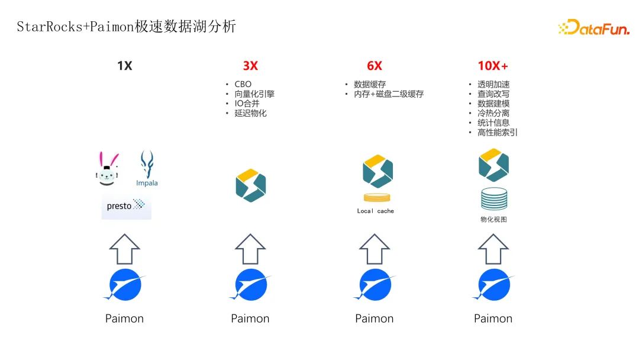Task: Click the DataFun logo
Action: point(593,27)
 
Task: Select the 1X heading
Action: point(125,66)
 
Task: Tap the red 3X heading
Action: point(250,66)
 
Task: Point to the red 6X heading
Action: point(375,66)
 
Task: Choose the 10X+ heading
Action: point(493,66)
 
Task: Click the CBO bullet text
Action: point(243,84)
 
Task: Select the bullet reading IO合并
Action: point(247,103)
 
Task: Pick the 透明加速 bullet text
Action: point(493,84)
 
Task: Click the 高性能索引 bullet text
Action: point(498,132)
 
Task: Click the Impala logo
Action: point(147,168)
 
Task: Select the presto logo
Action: point(126,207)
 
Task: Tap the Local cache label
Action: point(375,211)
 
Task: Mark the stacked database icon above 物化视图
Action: point(493,198)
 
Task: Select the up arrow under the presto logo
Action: point(125,249)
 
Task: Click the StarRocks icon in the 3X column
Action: point(251,185)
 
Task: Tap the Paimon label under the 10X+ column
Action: point(493,319)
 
